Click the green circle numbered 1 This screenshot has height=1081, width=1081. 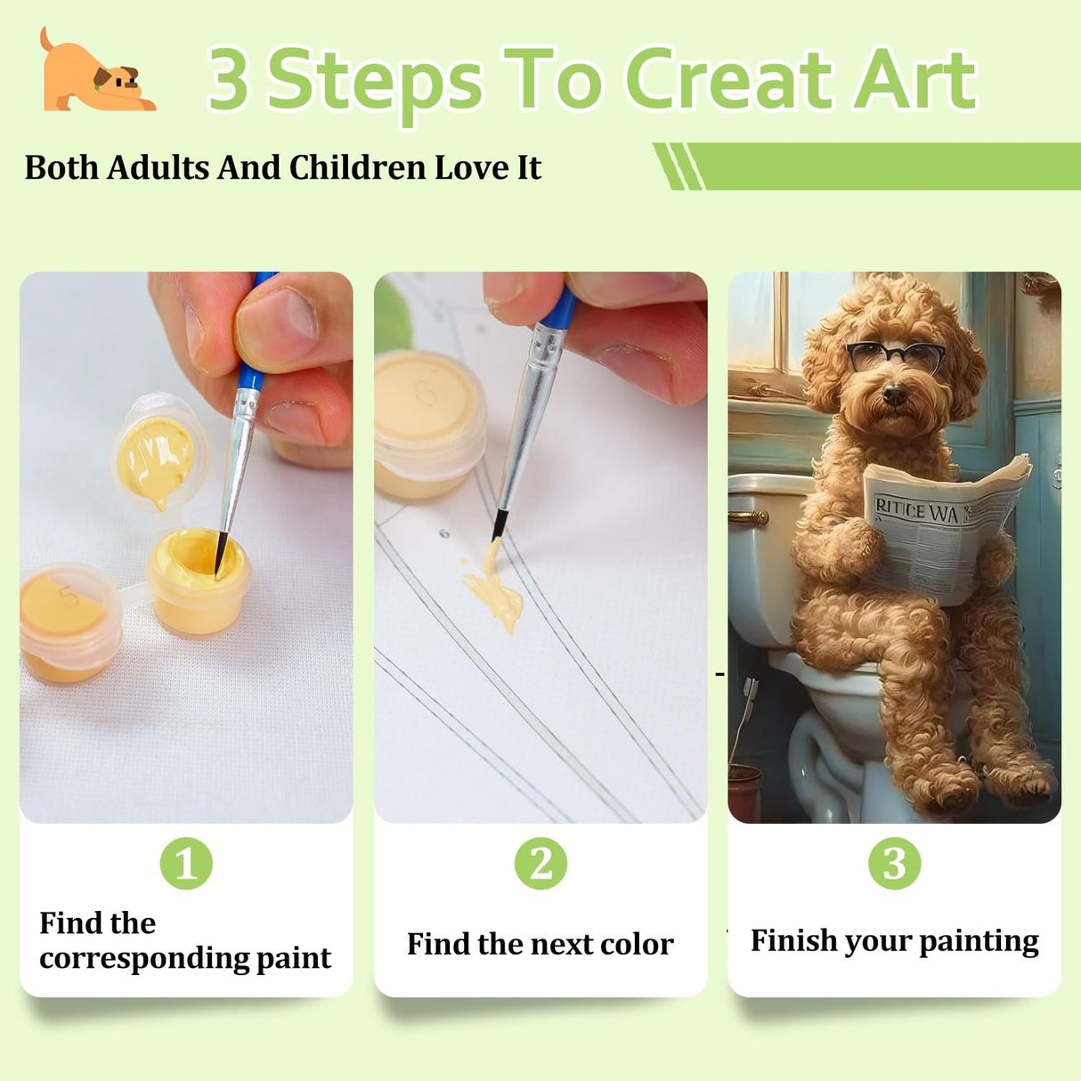186,863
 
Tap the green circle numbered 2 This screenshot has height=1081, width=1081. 540,863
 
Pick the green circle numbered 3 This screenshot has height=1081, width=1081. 894,863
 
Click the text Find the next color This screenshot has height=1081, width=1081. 540,944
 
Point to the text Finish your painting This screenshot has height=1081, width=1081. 894,941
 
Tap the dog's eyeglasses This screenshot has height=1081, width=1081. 895,356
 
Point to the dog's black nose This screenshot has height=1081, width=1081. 893,394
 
